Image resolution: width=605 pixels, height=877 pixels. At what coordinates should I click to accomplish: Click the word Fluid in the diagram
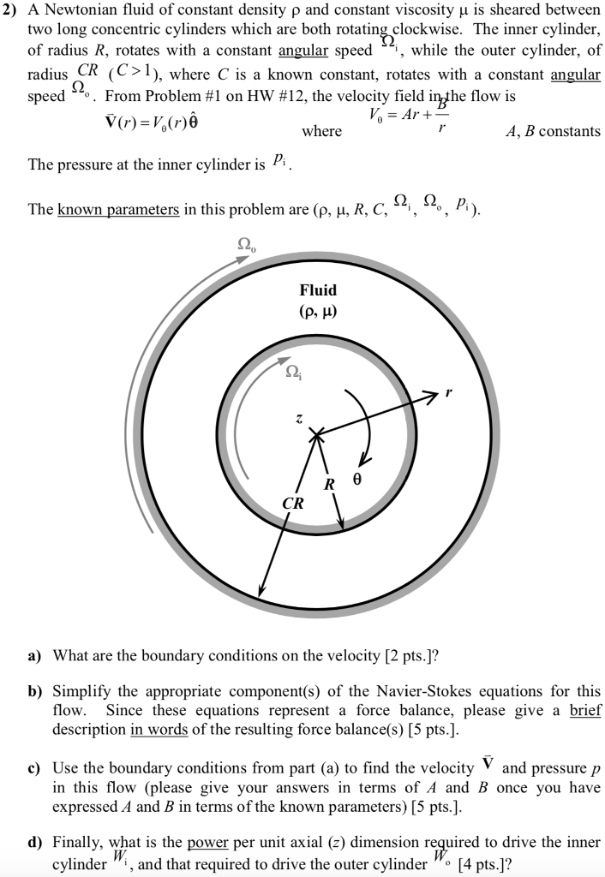coord(318,290)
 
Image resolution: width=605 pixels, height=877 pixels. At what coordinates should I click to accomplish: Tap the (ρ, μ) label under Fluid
coord(318,311)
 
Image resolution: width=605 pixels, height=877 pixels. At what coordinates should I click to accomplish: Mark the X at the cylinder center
coord(318,436)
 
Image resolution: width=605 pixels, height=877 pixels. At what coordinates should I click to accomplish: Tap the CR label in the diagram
coord(293,504)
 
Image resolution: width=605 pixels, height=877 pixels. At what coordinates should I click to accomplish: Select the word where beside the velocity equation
coord(322,131)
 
